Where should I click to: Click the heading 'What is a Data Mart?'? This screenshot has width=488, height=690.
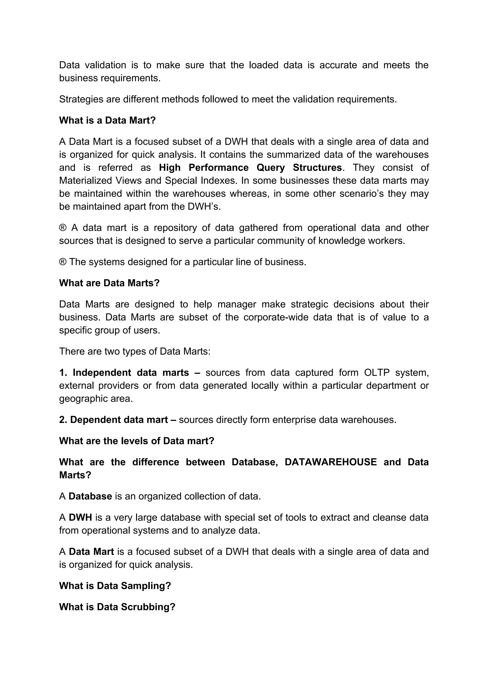click(107, 120)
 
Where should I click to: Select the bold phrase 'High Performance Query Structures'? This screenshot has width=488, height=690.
click(250, 167)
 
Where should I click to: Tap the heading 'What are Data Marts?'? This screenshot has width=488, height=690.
click(109, 283)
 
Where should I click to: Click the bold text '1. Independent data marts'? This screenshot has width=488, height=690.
click(124, 372)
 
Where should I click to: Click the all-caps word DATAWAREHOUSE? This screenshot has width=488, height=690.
click(330, 462)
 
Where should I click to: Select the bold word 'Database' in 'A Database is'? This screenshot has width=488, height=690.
click(90, 496)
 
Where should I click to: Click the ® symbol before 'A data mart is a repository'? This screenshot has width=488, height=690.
click(62, 228)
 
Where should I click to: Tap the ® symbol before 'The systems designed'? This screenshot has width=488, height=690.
click(62, 262)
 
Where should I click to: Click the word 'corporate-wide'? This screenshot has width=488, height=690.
click(276, 317)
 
